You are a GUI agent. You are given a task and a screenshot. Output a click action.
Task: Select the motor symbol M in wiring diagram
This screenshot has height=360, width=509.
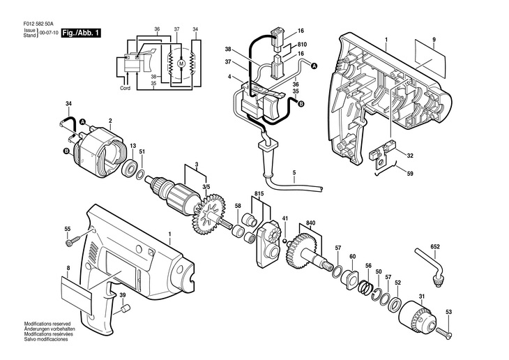[181, 63]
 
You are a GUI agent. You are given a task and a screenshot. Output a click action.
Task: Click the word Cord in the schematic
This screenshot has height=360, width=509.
[126, 89]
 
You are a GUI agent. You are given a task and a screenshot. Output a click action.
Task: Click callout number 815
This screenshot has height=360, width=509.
[259, 194]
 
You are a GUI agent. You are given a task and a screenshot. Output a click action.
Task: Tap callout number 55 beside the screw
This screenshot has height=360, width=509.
[68, 229]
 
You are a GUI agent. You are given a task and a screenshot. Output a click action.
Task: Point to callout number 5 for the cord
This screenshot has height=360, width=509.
[294, 172]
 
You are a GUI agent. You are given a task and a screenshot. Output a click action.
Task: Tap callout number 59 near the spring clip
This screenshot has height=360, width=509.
[410, 174]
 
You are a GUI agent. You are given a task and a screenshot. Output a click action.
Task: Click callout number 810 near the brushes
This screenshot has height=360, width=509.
[302, 42]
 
